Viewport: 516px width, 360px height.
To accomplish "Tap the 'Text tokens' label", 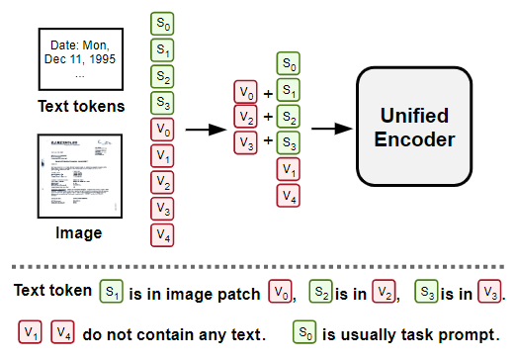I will [81, 106].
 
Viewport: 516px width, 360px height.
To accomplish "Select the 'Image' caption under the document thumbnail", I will [81, 233].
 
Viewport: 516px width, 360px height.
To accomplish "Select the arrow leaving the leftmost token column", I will [205, 129].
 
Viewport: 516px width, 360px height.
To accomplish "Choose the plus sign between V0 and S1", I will [267, 92].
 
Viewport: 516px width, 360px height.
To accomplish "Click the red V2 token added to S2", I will [244, 118].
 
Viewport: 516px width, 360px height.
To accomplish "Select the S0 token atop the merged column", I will [288, 65].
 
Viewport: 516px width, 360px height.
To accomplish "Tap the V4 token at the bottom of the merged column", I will [288, 197].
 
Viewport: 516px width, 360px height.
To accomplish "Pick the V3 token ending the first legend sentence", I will [486, 293].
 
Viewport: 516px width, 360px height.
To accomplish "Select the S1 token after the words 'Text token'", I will [112, 292].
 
